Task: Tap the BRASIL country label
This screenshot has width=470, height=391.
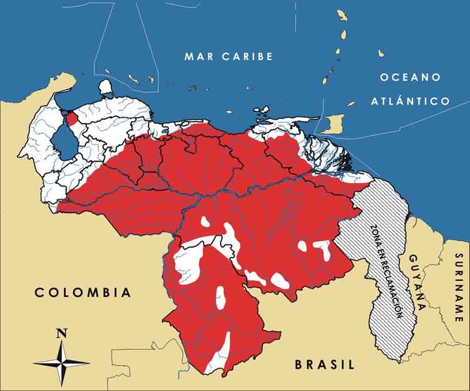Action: [324, 364]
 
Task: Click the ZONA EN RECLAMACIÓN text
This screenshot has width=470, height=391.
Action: [384, 270]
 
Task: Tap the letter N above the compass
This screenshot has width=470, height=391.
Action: [62, 333]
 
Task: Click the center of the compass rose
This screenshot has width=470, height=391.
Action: [62, 362]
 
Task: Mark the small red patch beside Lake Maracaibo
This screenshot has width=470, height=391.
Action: [72, 118]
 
